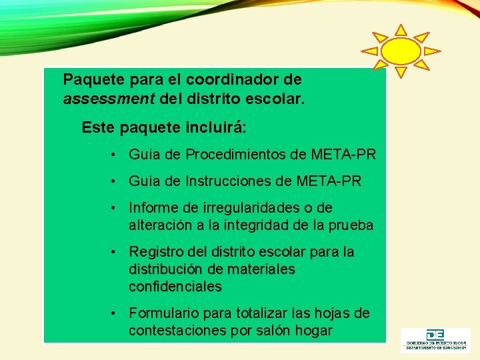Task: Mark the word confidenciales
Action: point(175,287)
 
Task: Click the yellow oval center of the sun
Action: point(401,51)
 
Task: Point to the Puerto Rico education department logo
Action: point(434,339)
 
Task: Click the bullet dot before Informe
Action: point(115,208)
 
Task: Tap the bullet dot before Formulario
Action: point(115,313)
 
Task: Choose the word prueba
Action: point(351,225)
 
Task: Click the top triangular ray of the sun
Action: point(401,30)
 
